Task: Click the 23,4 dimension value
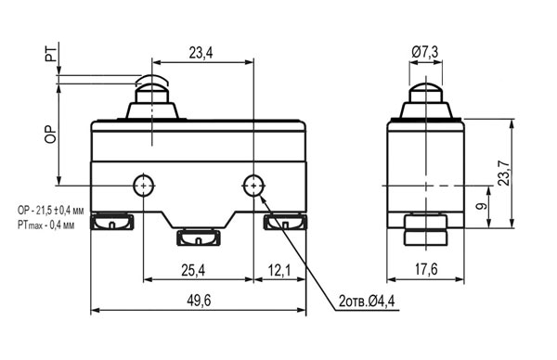(201, 53)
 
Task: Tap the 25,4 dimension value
(193, 271)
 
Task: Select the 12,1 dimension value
(279, 271)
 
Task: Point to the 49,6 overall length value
(199, 301)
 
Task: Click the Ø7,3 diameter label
(425, 53)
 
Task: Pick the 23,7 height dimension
(504, 173)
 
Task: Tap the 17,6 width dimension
(426, 270)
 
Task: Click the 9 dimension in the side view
(482, 206)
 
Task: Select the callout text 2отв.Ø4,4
(367, 302)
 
